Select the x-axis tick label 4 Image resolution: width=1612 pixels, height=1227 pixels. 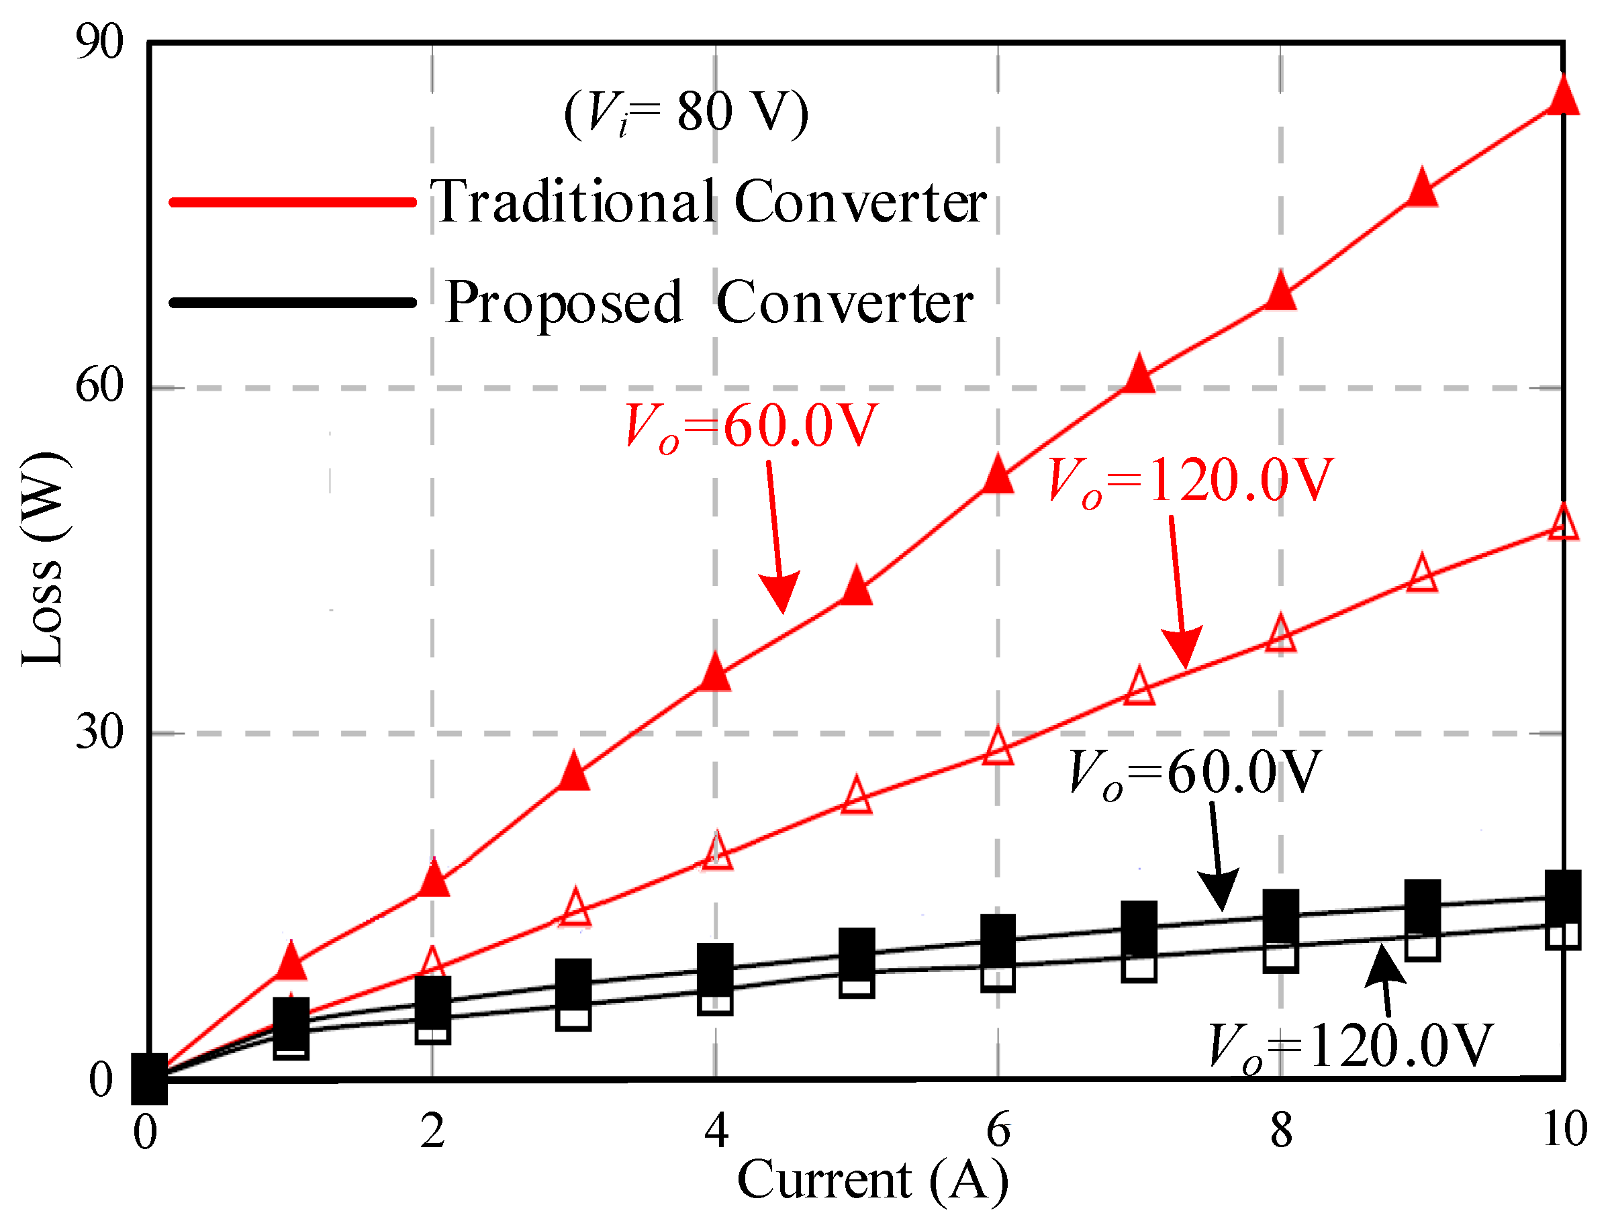pos(716,1130)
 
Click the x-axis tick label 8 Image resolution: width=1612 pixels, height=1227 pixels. pos(1281,1130)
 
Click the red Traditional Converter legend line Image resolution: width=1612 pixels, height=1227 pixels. pos(292,201)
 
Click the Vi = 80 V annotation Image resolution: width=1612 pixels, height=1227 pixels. pos(687,113)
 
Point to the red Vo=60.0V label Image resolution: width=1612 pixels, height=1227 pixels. pos(753,428)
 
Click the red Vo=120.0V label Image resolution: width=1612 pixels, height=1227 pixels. pos(1190,481)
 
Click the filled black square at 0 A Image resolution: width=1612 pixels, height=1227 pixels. pos(149,1079)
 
